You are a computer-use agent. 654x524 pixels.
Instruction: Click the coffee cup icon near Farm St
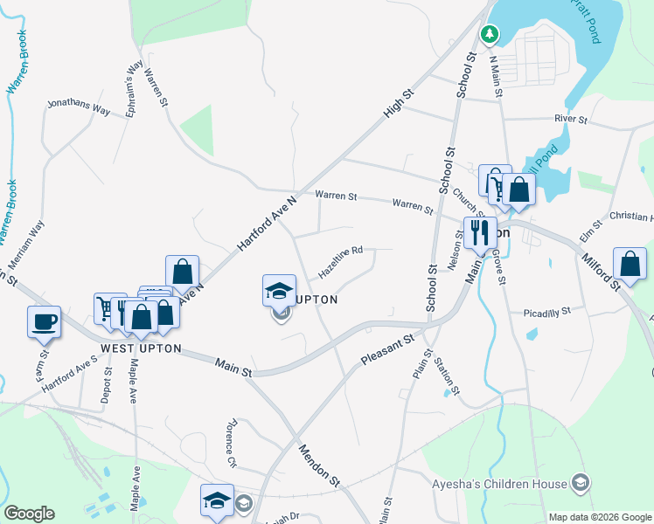[45, 322]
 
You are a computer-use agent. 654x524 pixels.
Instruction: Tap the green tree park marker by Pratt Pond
[491, 34]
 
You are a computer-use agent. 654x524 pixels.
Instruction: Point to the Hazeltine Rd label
[340, 261]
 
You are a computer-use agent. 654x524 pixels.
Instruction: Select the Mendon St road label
[318, 464]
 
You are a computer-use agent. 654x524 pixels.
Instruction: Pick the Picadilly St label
[546, 311]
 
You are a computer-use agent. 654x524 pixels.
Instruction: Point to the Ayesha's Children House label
[499, 482]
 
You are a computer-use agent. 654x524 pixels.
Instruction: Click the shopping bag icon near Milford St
[630, 263]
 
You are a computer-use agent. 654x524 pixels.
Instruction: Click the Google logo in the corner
[29, 514]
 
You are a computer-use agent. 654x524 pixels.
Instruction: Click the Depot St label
[108, 384]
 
